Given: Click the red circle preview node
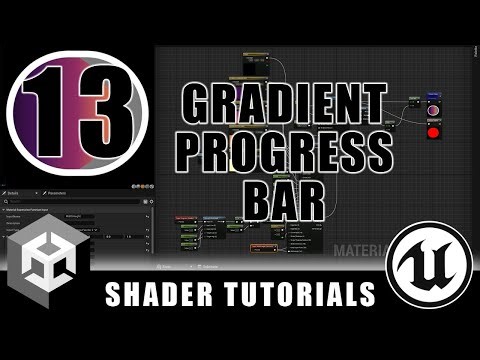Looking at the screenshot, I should [x=434, y=133].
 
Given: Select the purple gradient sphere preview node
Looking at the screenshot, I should [x=434, y=107].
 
